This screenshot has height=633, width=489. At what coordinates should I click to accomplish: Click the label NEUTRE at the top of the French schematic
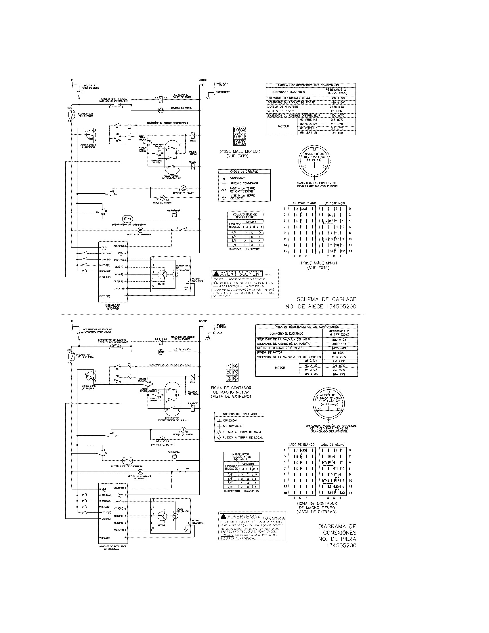pos(203,80)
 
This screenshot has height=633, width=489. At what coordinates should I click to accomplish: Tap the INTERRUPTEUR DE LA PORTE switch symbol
pos(70,114)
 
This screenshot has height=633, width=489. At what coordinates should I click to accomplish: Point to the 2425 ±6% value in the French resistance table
pos(337,107)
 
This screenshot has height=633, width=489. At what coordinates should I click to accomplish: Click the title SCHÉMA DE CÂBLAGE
pos(326,299)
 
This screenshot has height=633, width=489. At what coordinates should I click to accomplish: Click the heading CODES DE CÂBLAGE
pos(244,171)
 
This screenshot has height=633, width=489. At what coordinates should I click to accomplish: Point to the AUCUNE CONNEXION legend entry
pos(244,183)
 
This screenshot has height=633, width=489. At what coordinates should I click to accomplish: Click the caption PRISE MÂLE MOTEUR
pos(240,151)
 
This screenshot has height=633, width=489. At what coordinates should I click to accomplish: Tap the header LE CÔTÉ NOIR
pos(335,203)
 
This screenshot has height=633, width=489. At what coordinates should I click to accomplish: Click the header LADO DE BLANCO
pos(301,445)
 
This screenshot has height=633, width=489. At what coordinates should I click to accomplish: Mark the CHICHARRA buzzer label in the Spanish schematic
pos(173,452)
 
